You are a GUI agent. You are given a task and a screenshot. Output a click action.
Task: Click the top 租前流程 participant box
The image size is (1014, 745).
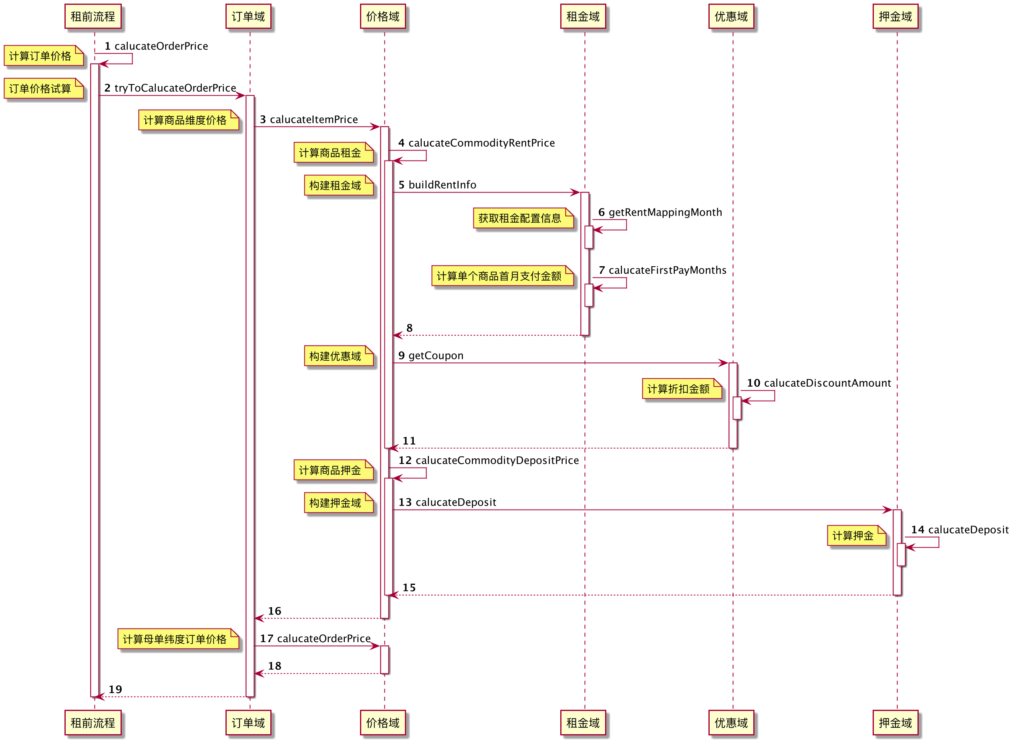tap(93, 17)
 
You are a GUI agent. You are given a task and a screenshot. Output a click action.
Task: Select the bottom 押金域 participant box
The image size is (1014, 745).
tap(895, 723)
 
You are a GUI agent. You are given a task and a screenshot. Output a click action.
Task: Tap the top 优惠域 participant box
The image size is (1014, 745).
tap(731, 17)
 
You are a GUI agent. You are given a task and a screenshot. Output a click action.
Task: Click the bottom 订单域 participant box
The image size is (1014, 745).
tap(248, 723)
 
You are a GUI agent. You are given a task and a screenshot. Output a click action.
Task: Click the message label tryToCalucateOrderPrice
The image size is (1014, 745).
tap(175, 88)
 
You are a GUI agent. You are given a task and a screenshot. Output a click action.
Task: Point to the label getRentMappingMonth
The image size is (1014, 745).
tap(665, 213)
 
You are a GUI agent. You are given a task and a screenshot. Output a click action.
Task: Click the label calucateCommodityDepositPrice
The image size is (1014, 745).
tap(497, 460)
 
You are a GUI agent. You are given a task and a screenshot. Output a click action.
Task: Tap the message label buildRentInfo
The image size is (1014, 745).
tap(442, 185)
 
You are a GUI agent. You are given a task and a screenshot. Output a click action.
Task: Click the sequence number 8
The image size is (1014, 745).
tap(409, 328)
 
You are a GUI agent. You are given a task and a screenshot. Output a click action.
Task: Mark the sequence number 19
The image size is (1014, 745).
tap(115, 689)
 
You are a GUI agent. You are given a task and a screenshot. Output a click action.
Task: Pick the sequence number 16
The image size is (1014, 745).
tap(274, 611)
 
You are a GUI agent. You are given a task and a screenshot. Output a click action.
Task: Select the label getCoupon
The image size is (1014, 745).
tap(436, 356)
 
